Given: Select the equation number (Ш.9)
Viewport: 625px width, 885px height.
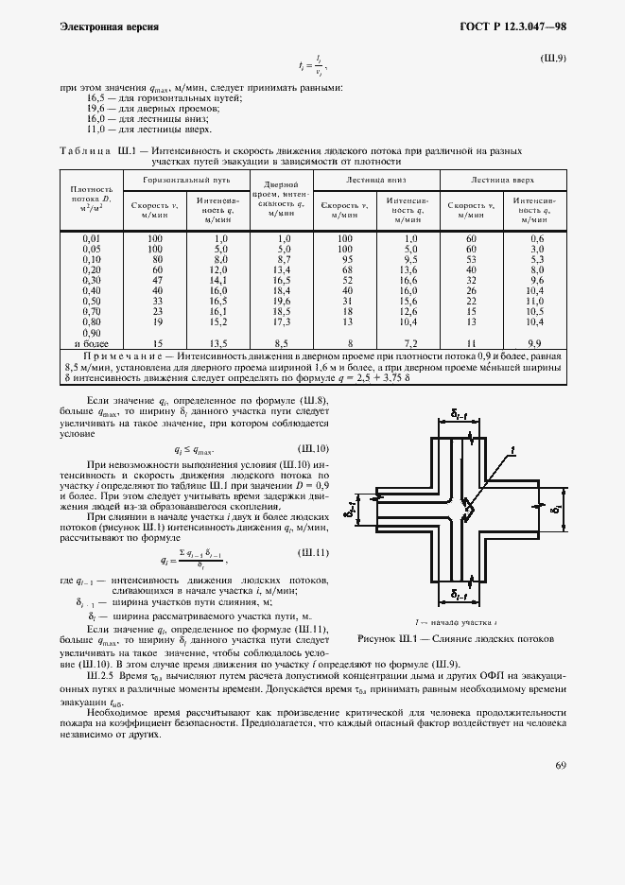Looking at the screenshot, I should (x=551, y=60).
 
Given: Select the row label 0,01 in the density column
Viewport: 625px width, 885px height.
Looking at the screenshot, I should (x=92, y=238).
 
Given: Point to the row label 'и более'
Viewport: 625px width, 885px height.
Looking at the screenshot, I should (x=92, y=342).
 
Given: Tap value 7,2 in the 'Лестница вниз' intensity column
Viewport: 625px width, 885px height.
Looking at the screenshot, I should (x=409, y=342).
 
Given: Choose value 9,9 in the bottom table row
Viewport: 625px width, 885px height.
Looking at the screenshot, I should (x=534, y=342).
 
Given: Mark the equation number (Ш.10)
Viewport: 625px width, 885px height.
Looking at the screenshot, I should (x=313, y=448).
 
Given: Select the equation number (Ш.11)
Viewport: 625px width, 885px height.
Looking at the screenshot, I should (x=313, y=551).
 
